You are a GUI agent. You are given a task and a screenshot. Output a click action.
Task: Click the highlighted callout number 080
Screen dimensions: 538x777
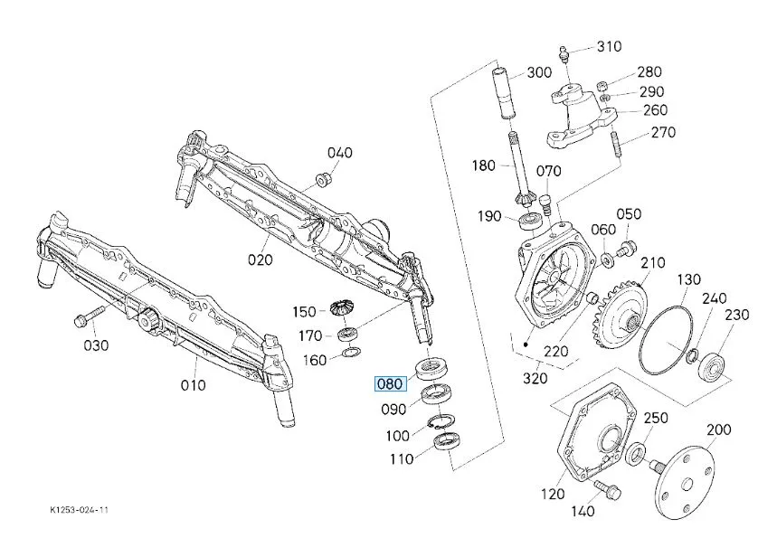point(389,383)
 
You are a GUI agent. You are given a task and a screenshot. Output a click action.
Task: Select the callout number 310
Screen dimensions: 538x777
point(609,46)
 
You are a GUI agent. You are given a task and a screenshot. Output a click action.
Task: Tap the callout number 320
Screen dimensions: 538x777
point(535,377)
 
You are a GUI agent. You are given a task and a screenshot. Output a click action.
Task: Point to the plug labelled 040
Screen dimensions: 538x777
point(318,175)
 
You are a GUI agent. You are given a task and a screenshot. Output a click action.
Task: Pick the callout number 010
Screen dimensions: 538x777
point(193,385)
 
